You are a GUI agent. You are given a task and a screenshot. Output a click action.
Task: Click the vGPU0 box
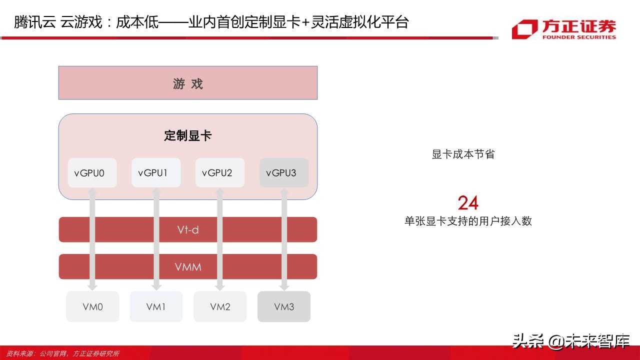pyautogui.click(x=92, y=173)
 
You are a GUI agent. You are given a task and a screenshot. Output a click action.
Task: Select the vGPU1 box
pyautogui.click(x=156, y=173)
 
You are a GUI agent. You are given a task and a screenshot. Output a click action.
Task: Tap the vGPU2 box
pyautogui.click(x=220, y=173)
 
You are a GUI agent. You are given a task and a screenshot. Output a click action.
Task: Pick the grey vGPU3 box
pyautogui.click(x=284, y=173)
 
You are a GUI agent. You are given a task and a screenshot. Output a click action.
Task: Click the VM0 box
pyautogui.click(x=92, y=306)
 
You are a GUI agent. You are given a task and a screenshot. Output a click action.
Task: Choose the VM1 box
pyautogui.click(x=156, y=306)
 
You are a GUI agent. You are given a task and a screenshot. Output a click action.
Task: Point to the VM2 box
pyautogui.click(x=220, y=306)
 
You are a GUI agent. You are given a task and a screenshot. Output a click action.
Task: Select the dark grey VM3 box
pyautogui.click(x=284, y=306)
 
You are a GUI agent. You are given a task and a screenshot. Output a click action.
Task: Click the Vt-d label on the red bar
pyautogui.click(x=188, y=230)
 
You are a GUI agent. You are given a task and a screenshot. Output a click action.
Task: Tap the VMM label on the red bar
pyautogui.click(x=188, y=267)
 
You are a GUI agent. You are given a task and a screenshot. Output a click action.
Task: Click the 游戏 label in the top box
pyautogui.click(x=188, y=83)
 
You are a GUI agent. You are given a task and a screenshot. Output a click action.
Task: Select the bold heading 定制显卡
pyautogui.click(x=188, y=135)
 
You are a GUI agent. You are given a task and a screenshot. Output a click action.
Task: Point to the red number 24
pyautogui.click(x=468, y=203)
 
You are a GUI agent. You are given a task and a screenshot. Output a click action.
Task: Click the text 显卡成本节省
pyautogui.click(x=463, y=154)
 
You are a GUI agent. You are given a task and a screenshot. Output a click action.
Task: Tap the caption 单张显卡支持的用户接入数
pyautogui.click(x=468, y=221)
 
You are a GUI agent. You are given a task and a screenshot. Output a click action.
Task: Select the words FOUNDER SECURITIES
pyautogui.click(x=579, y=36)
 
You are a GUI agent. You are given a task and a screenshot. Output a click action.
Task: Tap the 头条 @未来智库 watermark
pyautogui.click(x=570, y=341)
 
